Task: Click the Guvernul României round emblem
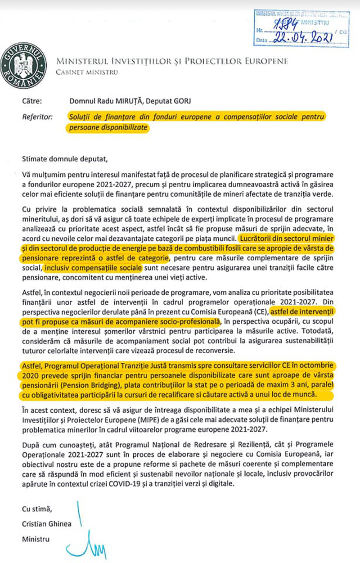tap(25, 65)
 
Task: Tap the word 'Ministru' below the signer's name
tap(35, 539)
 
